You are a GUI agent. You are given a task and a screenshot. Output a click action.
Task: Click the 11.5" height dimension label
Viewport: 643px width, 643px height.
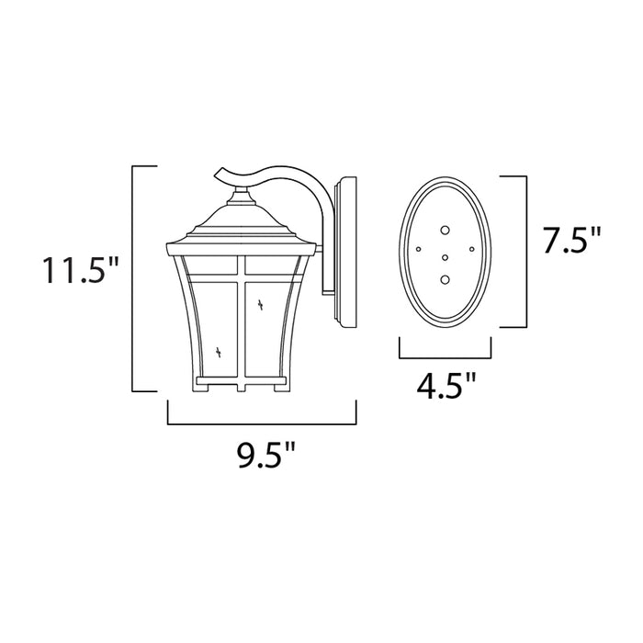click(x=79, y=271)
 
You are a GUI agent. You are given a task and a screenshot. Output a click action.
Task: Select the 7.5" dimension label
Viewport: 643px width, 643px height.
click(x=570, y=242)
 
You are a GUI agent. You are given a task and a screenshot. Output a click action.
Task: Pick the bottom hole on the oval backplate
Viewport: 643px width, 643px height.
click(x=446, y=279)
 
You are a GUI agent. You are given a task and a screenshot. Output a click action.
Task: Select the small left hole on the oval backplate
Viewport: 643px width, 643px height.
click(x=419, y=249)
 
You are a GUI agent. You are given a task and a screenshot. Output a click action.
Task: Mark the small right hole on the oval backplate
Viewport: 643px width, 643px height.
click(x=472, y=249)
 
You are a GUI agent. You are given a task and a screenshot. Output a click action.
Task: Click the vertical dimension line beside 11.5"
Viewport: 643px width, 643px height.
click(x=134, y=278)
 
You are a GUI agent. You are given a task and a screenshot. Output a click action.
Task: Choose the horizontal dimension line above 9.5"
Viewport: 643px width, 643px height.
click(x=261, y=423)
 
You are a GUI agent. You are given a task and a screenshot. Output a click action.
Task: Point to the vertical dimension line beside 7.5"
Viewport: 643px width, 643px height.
click(x=526, y=251)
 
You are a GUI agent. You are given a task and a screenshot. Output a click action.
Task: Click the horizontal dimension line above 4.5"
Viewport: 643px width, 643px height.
click(x=445, y=355)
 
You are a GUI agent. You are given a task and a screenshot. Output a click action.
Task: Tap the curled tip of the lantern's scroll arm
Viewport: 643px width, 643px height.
click(x=217, y=174)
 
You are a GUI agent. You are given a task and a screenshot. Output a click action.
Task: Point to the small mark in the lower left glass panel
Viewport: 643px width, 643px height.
click(x=219, y=350)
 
